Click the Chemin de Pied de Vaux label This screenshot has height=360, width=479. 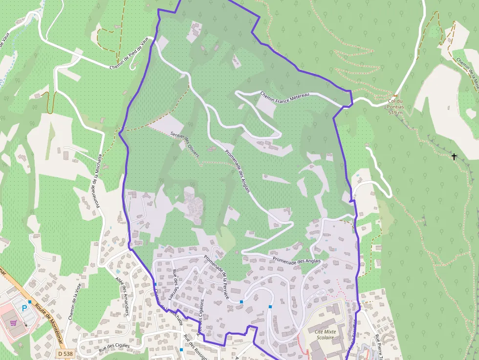coord(129,54)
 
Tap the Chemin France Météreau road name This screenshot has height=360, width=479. coord(285,95)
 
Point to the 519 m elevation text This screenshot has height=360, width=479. coord(395,113)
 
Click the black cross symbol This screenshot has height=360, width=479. coord(454,157)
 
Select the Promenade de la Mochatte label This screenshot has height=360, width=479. coord(97,180)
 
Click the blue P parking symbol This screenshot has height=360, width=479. coord(25,308)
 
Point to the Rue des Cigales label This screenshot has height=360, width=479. coord(114,346)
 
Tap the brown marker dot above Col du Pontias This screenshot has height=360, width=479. coord(395,96)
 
